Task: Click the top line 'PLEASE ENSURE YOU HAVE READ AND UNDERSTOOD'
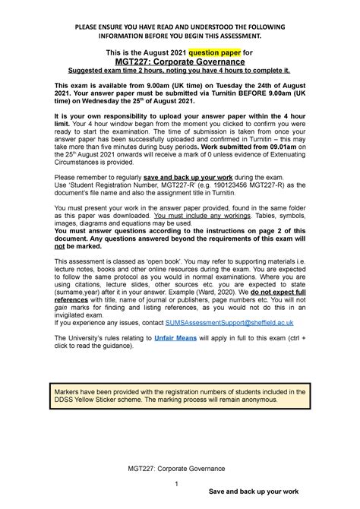pos(179,27)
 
